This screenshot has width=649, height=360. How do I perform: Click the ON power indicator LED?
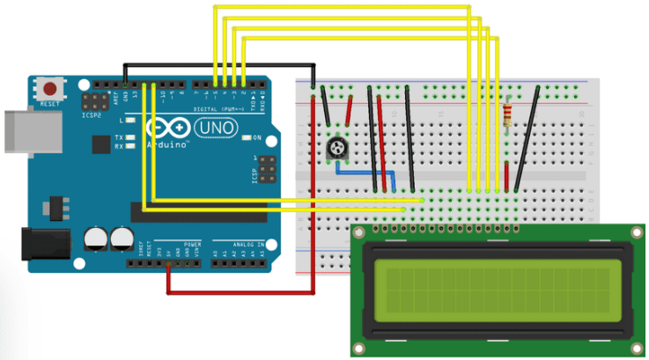click(x=246, y=138)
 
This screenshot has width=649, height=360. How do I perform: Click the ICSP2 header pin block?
click(x=92, y=101)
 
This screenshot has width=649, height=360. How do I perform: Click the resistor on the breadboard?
click(x=507, y=114)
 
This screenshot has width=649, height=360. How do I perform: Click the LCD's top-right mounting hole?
click(x=635, y=231)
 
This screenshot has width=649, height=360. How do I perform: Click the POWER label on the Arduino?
click(x=192, y=242)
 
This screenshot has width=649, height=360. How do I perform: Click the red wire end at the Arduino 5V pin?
click(x=168, y=263)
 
